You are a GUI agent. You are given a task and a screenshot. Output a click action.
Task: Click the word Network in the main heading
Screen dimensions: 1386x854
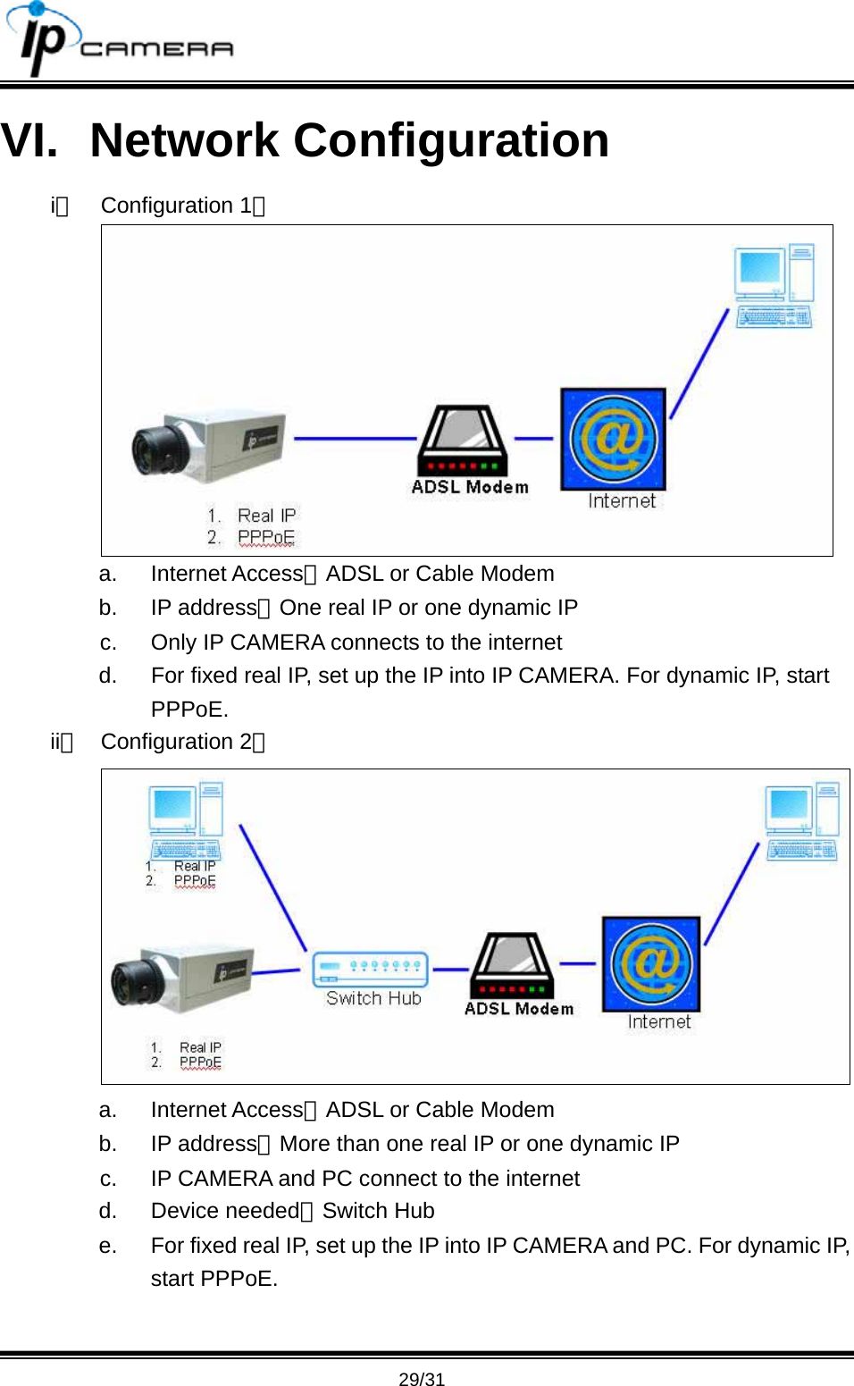coord(184,141)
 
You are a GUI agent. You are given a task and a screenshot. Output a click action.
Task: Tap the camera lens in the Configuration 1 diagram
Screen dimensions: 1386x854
coord(155,449)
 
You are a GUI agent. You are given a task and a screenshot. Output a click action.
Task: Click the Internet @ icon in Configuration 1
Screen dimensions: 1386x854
coord(613,439)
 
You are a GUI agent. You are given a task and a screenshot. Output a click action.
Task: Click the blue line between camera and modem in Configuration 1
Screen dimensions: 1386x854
coord(355,439)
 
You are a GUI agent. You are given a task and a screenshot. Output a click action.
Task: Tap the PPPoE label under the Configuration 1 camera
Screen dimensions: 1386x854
coord(265,537)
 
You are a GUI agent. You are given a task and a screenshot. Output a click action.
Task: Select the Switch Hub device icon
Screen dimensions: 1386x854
coord(370,968)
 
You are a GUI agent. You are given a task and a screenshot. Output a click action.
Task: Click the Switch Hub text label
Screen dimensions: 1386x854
coord(373,998)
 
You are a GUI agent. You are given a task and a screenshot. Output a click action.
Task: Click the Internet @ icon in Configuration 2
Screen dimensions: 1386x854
coord(651,963)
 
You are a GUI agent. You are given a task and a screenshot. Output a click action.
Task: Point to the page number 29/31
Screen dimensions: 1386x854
coord(422,1379)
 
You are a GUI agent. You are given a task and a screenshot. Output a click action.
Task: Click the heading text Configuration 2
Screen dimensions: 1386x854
coord(176,742)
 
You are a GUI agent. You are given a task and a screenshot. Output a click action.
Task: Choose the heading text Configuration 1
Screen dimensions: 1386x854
coord(176,206)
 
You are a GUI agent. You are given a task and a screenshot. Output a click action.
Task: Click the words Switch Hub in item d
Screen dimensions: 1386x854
coord(378,1211)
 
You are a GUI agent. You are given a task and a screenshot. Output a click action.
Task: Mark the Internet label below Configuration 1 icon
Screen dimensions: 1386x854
coord(622,501)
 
